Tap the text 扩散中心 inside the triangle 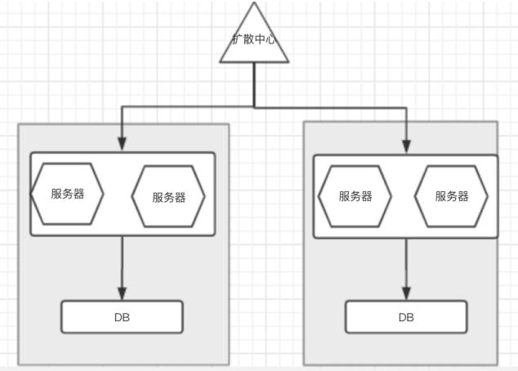tap(254, 38)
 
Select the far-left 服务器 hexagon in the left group tap(67, 194)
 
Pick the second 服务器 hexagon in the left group tap(168, 197)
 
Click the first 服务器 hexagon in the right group tap(355, 196)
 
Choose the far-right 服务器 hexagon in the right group tap(451, 196)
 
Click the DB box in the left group tap(122, 317)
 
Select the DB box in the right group tap(406, 317)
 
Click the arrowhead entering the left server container tap(122, 145)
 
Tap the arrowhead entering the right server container tap(406, 145)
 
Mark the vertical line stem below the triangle tap(254, 84)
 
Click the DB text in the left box tap(122, 317)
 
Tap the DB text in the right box tap(406, 317)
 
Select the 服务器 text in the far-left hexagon tap(67, 194)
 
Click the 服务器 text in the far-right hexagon tap(451, 196)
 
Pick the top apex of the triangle tap(255, 3)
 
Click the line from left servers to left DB tap(122, 261)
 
